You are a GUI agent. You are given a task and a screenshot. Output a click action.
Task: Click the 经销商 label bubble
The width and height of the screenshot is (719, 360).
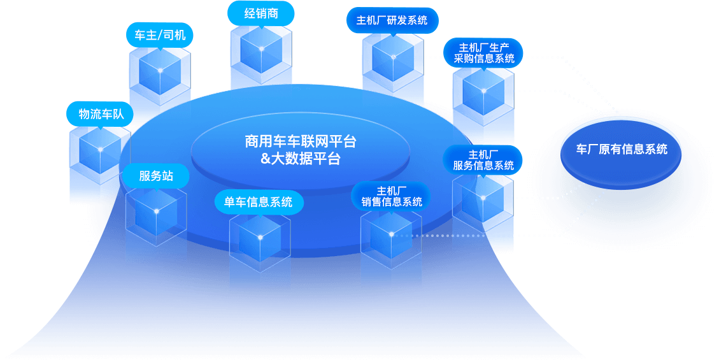click(261, 13)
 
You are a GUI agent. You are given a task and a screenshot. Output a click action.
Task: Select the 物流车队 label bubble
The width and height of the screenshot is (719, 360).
click(101, 114)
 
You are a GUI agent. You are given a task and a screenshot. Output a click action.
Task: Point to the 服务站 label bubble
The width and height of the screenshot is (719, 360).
click(156, 176)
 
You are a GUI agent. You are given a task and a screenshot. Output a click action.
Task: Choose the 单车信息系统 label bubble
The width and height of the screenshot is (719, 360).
click(259, 203)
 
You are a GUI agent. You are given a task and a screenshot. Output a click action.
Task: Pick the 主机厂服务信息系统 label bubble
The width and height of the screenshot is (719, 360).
click(483, 160)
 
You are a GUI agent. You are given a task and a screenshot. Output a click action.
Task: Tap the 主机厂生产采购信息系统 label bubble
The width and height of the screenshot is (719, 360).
click(484, 54)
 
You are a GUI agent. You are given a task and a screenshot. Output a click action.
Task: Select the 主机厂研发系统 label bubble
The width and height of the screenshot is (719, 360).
click(392, 20)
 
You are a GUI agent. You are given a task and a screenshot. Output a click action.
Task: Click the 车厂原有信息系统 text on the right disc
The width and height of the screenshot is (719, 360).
click(622, 150)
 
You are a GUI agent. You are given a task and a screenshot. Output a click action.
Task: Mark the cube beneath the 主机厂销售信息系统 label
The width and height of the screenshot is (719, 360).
click(391, 239)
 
